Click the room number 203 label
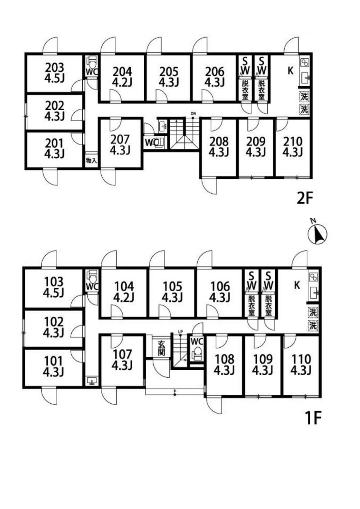coord(55,68)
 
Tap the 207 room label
coord(120,140)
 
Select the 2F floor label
coord(305,198)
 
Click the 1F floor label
coord(314,418)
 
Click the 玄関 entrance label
coord(161,348)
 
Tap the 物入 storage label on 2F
coord(91,160)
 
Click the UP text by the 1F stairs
coord(180,331)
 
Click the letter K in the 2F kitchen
coord(290,71)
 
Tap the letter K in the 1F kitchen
coord(297,285)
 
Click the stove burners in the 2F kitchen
coord(305,63)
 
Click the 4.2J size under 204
coord(122,82)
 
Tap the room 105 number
coord(172,286)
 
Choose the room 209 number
coord(255,142)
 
